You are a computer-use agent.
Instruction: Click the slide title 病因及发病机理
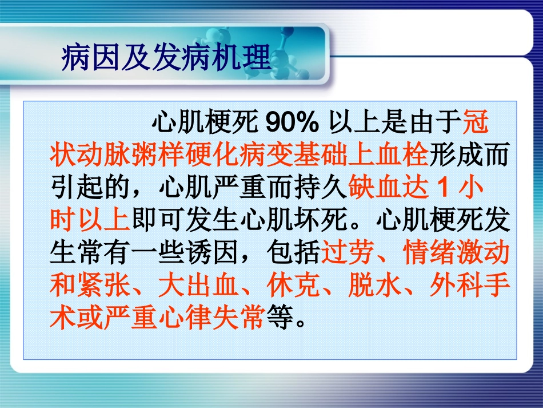[x=166, y=59]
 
